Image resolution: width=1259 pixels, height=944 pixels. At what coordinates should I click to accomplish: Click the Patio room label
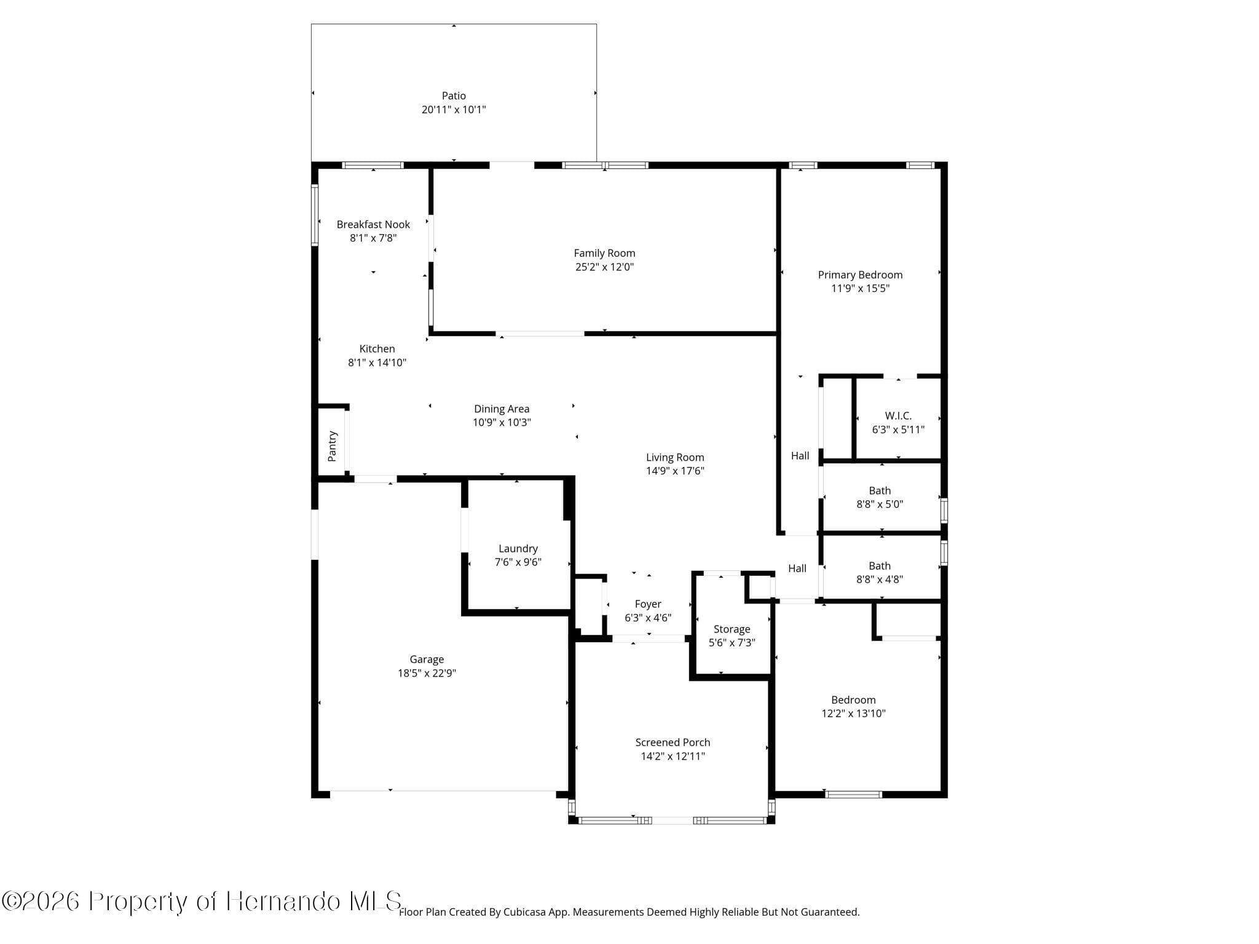click(454, 96)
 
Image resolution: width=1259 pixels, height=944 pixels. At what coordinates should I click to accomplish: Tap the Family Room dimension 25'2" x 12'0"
click(604, 267)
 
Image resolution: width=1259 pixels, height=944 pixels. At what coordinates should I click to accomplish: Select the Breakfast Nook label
click(373, 224)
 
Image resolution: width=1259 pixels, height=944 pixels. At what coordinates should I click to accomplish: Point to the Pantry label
click(333, 446)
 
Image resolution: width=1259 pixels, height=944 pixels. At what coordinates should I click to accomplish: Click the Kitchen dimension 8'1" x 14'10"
click(377, 363)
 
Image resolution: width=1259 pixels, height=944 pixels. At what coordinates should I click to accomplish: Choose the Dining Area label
click(502, 409)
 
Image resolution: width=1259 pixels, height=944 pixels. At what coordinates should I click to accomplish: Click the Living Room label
click(675, 457)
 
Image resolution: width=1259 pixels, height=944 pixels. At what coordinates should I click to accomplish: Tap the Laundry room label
click(518, 548)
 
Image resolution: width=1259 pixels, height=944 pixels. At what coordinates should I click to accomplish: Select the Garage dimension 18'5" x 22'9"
click(427, 673)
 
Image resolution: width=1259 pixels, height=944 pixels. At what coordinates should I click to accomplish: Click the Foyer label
click(648, 604)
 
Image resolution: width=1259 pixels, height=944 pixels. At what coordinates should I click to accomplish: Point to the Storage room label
click(732, 629)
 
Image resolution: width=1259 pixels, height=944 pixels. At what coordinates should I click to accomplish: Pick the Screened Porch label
click(673, 742)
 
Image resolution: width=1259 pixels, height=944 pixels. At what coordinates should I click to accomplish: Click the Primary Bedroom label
click(860, 275)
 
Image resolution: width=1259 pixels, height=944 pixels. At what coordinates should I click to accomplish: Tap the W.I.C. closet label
click(898, 416)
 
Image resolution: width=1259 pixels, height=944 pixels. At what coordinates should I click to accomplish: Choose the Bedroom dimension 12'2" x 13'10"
click(853, 714)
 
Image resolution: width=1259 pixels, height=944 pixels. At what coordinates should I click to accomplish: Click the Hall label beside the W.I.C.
click(800, 455)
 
